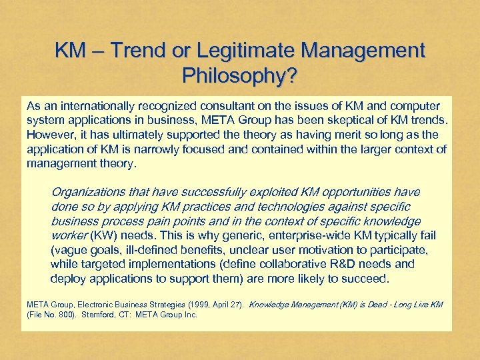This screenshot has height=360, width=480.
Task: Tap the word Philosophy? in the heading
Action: click(x=240, y=76)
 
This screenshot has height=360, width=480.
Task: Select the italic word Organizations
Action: click(x=88, y=192)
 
